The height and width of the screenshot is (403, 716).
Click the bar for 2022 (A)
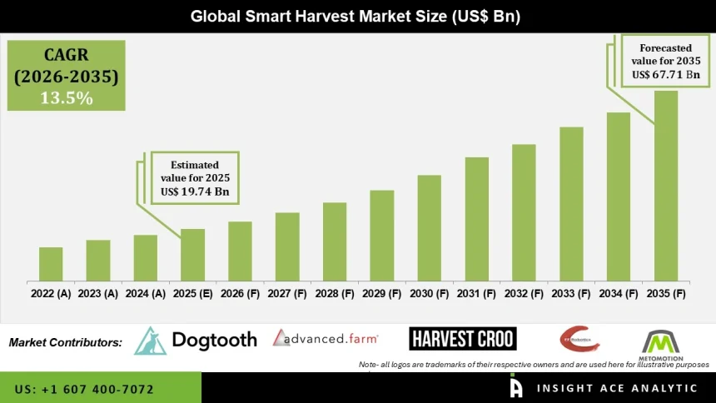pyautogui.click(x=51, y=264)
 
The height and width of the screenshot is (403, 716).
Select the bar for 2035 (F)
pyautogui.click(x=666, y=186)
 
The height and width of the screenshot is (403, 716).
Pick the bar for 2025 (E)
pyautogui.click(x=192, y=255)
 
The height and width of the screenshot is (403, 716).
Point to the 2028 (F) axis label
pyautogui.click(x=335, y=294)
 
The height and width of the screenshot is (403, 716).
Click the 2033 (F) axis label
pyautogui.click(x=571, y=294)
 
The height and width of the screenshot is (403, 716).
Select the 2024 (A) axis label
pyautogui.click(x=145, y=294)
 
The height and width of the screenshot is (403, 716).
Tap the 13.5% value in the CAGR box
pyautogui.click(x=67, y=97)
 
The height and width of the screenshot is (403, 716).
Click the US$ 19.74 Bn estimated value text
pyautogui.click(x=195, y=192)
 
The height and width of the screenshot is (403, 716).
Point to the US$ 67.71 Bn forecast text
pyautogui.click(x=665, y=75)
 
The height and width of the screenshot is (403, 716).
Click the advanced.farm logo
pyautogui.click(x=326, y=338)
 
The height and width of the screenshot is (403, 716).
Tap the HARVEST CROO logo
pyautogui.click(x=462, y=338)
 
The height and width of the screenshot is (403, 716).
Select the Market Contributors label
pyautogui.click(x=66, y=342)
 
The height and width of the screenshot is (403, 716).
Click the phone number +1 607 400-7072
pyautogui.click(x=84, y=389)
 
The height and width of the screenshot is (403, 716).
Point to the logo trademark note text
pyautogui.click(x=534, y=365)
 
